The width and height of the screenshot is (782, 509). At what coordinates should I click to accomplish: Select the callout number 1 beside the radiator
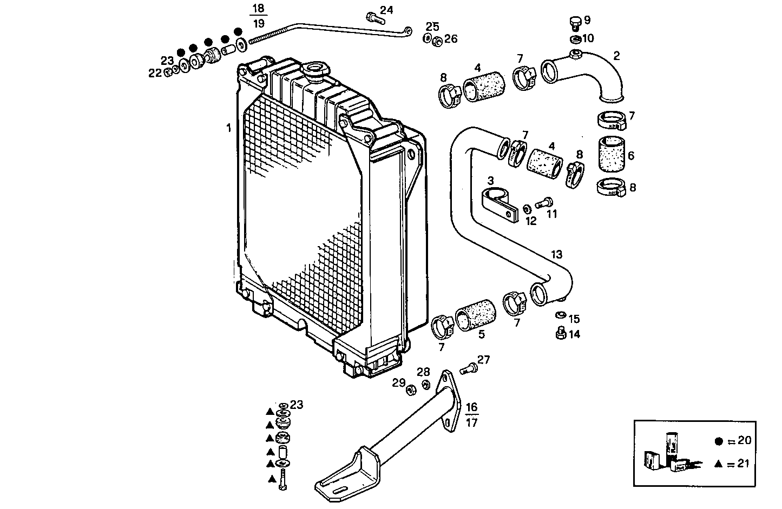[x=228, y=128]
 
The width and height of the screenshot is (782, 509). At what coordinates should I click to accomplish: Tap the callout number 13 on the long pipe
[x=557, y=254]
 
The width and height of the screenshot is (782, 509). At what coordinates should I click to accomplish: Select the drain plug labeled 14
[x=561, y=333]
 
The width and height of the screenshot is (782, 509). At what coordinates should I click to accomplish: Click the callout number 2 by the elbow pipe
[x=616, y=55]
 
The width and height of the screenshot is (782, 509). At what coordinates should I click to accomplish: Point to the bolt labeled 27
[x=468, y=369]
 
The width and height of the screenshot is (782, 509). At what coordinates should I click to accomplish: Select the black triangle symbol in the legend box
[x=718, y=464]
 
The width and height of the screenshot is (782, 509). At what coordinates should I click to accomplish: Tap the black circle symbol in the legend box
[x=719, y=441]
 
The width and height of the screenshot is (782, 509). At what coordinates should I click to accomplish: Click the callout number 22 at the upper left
[x=155, y=73]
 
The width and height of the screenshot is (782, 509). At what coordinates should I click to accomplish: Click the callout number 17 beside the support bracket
[x=472, y=422]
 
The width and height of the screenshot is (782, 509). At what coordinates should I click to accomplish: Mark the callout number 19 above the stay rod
[x=259, y=23]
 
